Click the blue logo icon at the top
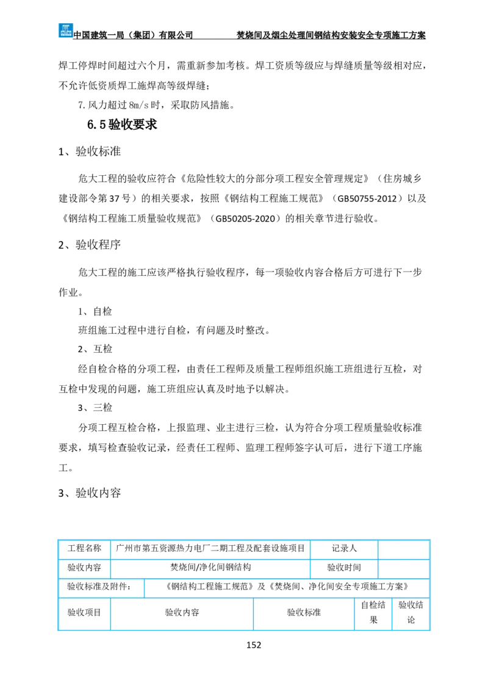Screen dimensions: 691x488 click(66, 29)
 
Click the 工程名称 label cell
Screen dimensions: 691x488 click(84, 549)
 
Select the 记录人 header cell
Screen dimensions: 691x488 click(344, 549)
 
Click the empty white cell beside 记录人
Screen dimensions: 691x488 click(403, 549)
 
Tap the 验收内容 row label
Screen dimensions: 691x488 click(84, 568)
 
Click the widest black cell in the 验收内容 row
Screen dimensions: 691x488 click(210, 569)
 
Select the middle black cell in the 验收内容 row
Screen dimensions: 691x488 click(344, 569)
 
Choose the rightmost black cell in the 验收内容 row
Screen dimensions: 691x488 click(403, 569)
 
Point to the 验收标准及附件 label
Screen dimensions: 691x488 click(101, 588)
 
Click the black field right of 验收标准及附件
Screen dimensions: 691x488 click(285, 588)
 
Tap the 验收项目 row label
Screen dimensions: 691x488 click(84, 613)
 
